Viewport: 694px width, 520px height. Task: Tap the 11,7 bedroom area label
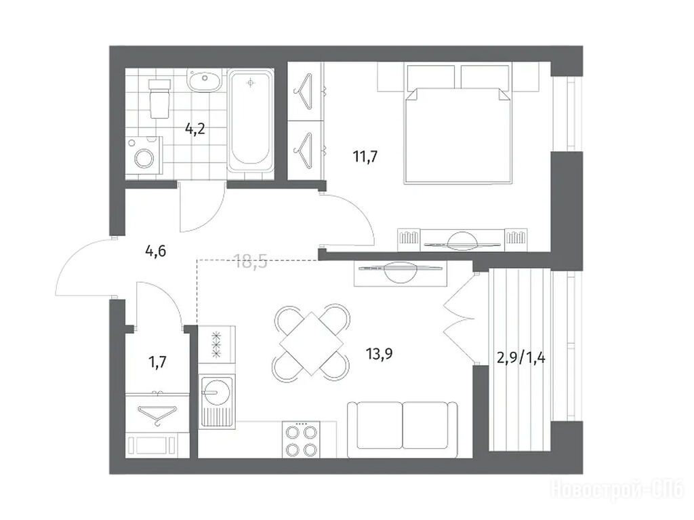(365, 157)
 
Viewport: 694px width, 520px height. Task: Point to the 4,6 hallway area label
(155, 251)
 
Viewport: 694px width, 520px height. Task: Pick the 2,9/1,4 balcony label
(521, 357)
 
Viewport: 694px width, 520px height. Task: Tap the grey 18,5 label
(251, 262)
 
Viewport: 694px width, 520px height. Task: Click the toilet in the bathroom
(159, 99)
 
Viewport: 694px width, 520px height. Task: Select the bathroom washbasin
(205, 81)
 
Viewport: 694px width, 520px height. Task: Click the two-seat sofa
(403, 430)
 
